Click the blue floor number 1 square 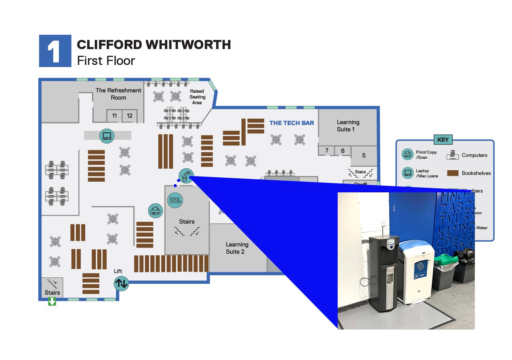pos(55,51)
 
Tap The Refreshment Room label pos(118,94)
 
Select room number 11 pos(114,116)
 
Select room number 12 pos(130,116)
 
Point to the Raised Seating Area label pos(197,97)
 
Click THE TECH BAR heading pos(291,123)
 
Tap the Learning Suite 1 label pos(348,126)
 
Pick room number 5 pos(364,156)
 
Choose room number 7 pos(327,151)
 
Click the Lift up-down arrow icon pos(121,283)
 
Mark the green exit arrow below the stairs pos(52,301)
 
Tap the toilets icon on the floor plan pos(175,200)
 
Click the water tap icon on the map pos(186,176)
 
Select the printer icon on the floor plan pos(155,211)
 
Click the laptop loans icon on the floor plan pos(107,136)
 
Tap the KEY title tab pos(443,140)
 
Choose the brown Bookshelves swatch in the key pos(453,173)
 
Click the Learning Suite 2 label pos(237,248)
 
